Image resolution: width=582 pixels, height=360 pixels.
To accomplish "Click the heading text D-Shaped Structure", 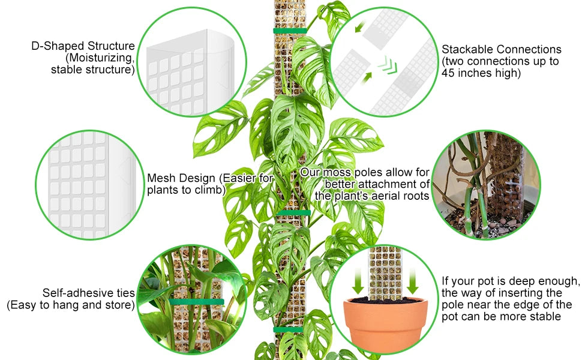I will point(83,46).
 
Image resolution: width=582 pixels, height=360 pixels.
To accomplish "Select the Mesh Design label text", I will point(182,178).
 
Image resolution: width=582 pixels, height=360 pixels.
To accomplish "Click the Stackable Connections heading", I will point(501,50).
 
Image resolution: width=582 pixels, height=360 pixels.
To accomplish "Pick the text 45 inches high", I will point(481,73).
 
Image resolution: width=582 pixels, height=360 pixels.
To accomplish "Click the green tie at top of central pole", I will point(290,31).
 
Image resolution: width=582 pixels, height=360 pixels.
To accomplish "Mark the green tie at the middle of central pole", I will point(293,212).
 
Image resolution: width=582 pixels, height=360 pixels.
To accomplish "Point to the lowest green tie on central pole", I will point(289,329).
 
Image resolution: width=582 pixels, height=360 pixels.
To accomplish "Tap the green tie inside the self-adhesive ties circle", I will point(196,302).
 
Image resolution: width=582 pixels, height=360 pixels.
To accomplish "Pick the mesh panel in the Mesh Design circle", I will point(84,180).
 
